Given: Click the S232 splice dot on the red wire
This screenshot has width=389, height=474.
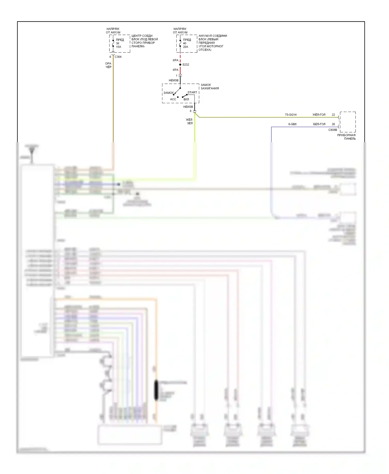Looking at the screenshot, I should click(180, 65).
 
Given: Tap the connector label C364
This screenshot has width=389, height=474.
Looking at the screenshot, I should click(118, 57).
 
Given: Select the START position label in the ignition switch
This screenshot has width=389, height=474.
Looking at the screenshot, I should click(192, 92).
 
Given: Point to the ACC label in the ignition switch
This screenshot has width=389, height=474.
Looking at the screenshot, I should click(173, 99).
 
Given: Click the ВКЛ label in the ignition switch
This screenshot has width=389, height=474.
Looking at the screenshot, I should click(186, 99).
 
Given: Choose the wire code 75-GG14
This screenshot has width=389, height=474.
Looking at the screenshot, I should click(290, 115).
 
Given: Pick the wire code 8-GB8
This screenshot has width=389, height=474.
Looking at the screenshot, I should click(292, 124).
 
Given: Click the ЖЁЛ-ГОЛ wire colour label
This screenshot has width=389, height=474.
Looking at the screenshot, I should click(319, 115).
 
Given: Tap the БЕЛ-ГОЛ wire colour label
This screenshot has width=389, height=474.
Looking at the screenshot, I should click(319, 124).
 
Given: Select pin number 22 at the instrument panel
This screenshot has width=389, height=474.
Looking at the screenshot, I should click(333, 115).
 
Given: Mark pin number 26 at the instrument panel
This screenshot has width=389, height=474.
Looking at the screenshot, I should click(333, 124).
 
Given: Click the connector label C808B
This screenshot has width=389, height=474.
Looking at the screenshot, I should click(332, 130).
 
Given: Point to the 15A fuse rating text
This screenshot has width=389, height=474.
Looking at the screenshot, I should click(119, 47).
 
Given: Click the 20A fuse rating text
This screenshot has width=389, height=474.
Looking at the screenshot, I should click(185, 47).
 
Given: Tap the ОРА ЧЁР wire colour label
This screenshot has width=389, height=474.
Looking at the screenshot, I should click(108, 65).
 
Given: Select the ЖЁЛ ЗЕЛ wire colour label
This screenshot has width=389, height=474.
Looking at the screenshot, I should click(189, 121).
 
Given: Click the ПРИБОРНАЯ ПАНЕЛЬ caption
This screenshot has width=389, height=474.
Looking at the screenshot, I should click(346, 137).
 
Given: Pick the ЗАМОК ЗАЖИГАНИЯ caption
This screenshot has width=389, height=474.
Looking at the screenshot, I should click(210, 87).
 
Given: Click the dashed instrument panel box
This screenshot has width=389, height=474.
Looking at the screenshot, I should click(348, 122).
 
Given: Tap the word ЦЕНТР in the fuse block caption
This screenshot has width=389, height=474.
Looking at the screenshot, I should click(136, 36).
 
